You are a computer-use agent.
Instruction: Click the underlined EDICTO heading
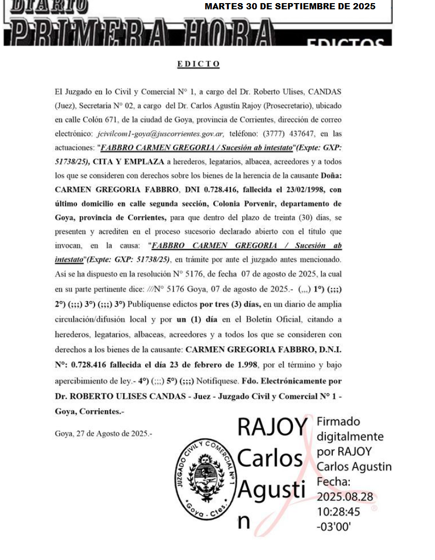click(198, 64)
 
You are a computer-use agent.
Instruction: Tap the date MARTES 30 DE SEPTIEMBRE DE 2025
click(290, 7)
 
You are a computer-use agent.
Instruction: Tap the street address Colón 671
click(103, 119)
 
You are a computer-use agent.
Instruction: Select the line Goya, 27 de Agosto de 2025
click(103, 433)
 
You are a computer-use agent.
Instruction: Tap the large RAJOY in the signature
click(272, 427)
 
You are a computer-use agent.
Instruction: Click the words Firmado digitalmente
click(349, 429)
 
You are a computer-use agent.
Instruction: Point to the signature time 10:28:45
click(338, 512)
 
